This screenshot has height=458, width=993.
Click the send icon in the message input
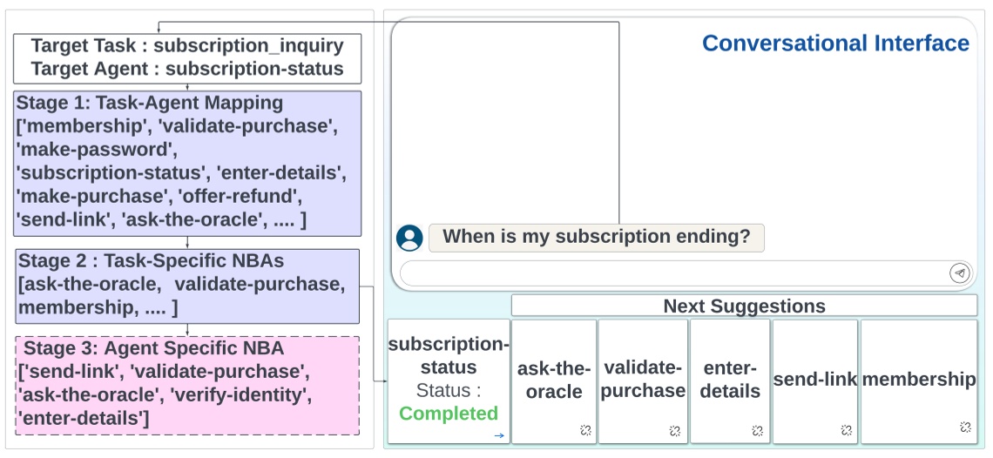959,273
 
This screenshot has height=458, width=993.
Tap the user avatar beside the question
409,238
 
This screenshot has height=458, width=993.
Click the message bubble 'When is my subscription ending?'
596,237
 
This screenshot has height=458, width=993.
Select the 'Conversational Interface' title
835,44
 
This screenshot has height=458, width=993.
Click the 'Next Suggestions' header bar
744,306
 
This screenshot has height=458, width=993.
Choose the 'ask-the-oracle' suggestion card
554,381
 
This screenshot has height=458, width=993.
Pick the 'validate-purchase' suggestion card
644,380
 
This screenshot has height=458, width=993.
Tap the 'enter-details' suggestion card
730,380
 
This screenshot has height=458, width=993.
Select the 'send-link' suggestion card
815,380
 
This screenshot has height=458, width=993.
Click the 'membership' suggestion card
919,380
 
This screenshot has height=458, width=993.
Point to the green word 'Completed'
449,413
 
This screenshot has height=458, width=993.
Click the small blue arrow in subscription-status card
499,435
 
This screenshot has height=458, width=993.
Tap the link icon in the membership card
965,427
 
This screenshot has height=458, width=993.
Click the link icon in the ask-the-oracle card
585,429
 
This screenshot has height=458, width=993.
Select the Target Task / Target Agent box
187,57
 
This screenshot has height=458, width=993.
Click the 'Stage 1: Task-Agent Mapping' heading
150,103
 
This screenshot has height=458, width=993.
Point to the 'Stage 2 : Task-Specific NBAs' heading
151,261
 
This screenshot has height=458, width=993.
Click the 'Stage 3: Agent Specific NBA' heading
153,349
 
